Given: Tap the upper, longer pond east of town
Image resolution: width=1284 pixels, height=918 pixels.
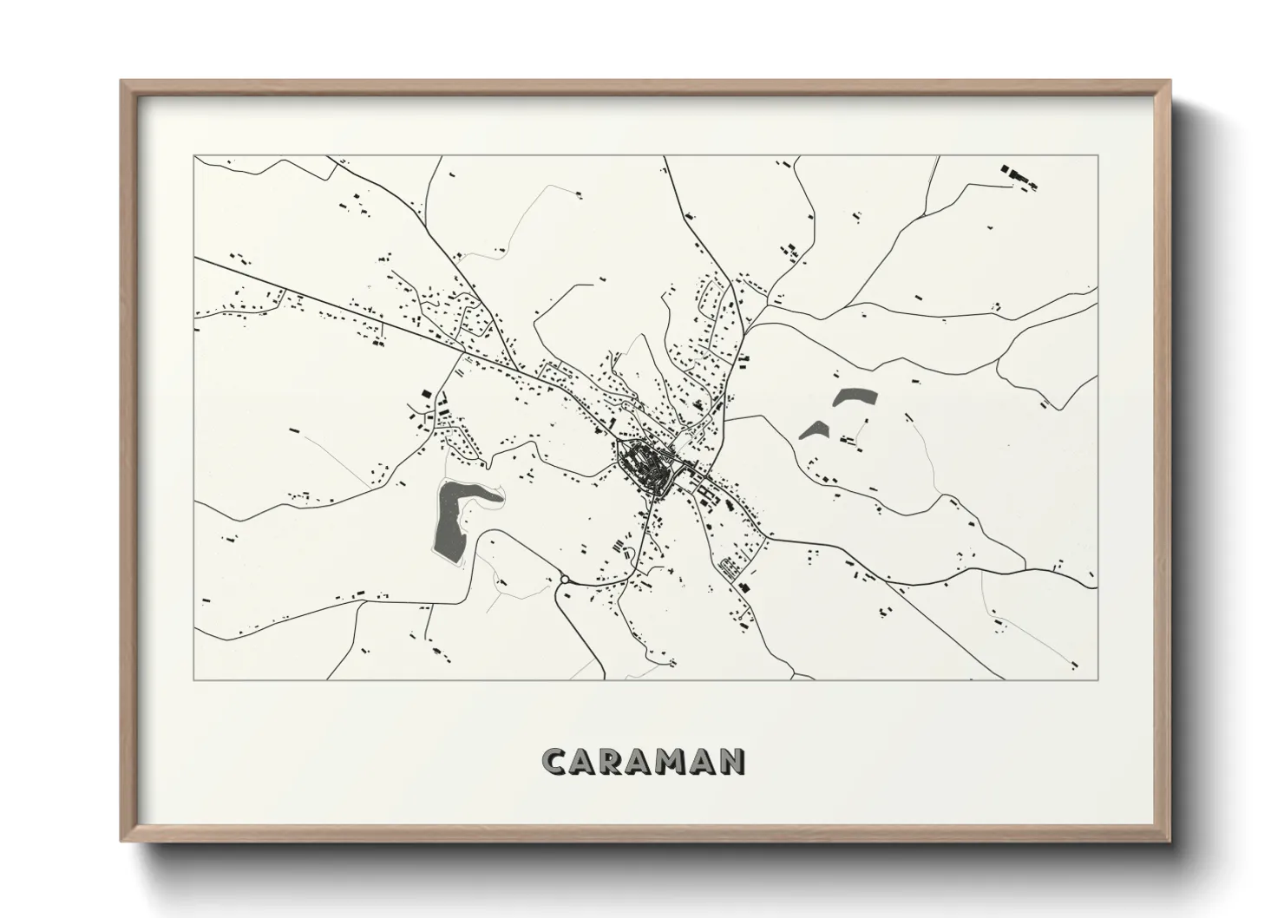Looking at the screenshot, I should [x=855, y=397].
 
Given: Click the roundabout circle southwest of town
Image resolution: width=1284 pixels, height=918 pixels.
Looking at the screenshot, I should [x=564, y=579].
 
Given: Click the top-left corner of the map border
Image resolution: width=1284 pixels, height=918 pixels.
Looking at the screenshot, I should [x=194, y=156].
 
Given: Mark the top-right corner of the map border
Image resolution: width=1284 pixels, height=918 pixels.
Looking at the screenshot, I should [x=1098, y=156].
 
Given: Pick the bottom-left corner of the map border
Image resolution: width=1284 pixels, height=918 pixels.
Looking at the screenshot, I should [x=194, y=679].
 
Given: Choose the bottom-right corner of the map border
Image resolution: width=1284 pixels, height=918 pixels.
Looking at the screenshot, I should [x=1098, y=679].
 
